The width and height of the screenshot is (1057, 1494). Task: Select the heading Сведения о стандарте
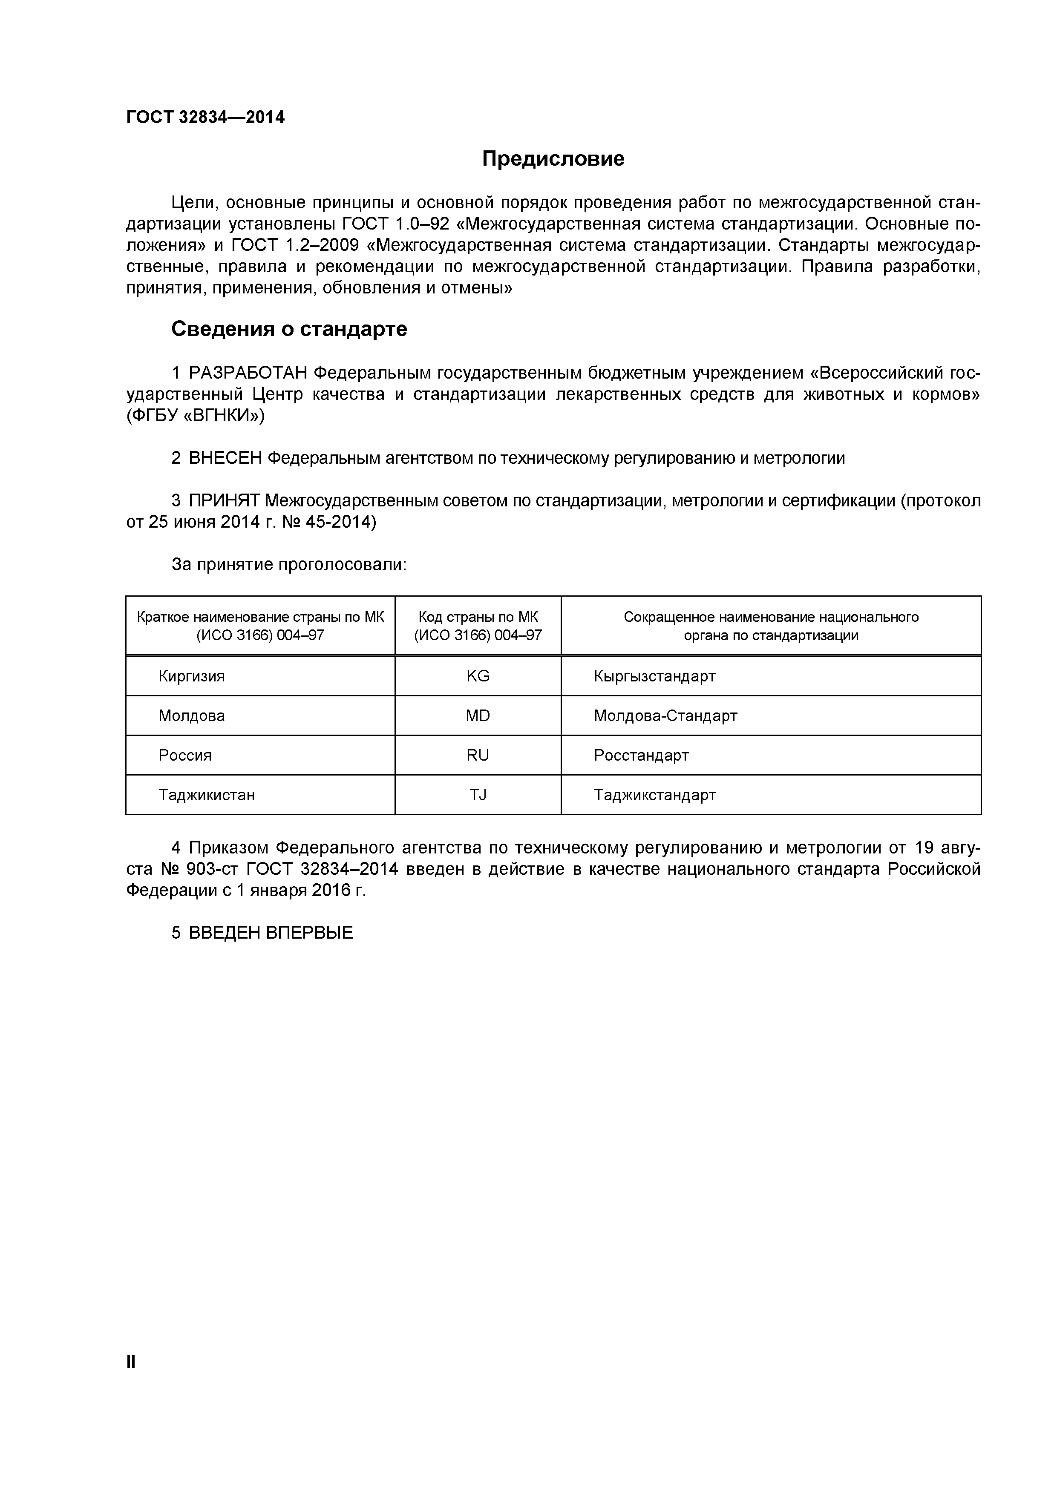tap(289, 329)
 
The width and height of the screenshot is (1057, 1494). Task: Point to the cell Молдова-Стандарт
tap(665, 716)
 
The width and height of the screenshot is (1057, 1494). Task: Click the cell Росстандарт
tap(641, 756)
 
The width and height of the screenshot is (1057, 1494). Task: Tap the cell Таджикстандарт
tap(655, 795)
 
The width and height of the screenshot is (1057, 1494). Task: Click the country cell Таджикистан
tap(206, 795)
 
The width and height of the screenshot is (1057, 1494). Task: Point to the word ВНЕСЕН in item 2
tap(225, 459)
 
